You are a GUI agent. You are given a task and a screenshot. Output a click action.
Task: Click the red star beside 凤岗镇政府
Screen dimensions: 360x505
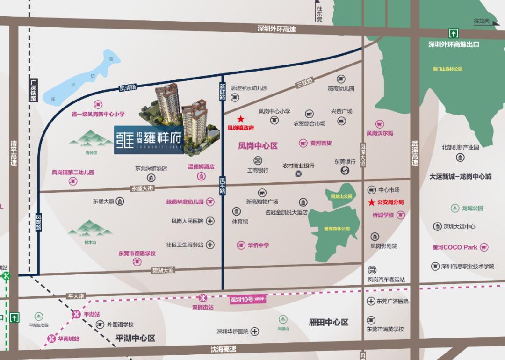[x=241, y=119]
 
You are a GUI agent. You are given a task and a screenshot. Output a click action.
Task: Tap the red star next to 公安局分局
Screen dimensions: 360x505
[x=371, y=202]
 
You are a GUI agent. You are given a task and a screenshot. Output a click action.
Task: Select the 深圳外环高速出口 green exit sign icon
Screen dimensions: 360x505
[x=454, y=33]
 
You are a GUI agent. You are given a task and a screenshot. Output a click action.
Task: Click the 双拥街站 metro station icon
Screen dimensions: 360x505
[x=203, y=298]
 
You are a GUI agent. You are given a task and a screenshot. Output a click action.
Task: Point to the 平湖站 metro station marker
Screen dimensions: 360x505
[x=76, y=314]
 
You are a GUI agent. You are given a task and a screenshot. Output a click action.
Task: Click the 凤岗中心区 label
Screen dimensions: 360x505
[x=258, y=146]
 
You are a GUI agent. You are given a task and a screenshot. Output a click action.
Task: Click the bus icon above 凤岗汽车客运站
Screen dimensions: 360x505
[x=372, y=270]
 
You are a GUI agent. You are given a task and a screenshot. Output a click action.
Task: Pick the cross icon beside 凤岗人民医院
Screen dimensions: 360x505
[x=210, y=221]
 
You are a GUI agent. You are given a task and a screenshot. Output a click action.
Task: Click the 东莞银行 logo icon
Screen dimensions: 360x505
[x=345, y=172]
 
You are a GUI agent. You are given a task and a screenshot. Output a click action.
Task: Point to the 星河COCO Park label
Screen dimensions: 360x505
[x=454, y=247]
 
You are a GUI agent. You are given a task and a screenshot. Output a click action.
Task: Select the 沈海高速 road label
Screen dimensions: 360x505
[x=224, y=349]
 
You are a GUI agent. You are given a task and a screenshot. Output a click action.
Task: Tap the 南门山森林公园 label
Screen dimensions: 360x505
[x=447, y=69]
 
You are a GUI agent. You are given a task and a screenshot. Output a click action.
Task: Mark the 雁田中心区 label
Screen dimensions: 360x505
[x=329, y=322]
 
